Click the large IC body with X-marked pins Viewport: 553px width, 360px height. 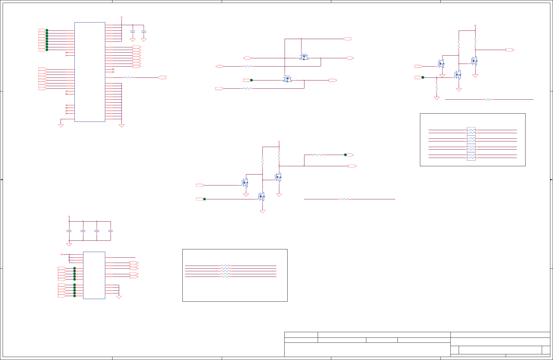tap(90, 72)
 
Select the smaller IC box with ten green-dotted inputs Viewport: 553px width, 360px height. tap(94, 275)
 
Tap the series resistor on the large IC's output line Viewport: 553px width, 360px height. tap(128, 77)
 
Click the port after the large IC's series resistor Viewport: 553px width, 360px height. tap(162, 77)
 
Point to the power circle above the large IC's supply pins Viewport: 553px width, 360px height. tap(121, 17)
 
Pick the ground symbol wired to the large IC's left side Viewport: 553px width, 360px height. tap(61, 126)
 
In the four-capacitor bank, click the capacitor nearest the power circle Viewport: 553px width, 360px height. tap(69, 231)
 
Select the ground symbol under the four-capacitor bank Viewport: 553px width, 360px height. tap(69, 245)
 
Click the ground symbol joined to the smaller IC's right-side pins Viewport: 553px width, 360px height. tap(119, 297)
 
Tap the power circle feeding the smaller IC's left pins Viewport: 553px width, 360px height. tap(62, 254)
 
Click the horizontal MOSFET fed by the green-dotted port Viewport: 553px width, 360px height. tap(287, 79)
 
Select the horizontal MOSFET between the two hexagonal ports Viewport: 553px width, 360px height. tap(304, 57)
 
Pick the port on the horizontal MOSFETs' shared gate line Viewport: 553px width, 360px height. tap(347, 39)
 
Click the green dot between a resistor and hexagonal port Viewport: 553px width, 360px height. tap(345, 155)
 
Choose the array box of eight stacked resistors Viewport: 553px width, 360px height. tap(471, 144)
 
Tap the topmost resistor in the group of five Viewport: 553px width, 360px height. tap(225, 266)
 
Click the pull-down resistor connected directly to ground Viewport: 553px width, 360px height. tap(437, 87)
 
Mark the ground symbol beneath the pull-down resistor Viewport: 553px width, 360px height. tap(437, 98)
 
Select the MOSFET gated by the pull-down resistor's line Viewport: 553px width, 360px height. tap(458, 75)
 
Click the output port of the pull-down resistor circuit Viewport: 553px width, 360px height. tap(510, 50)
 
